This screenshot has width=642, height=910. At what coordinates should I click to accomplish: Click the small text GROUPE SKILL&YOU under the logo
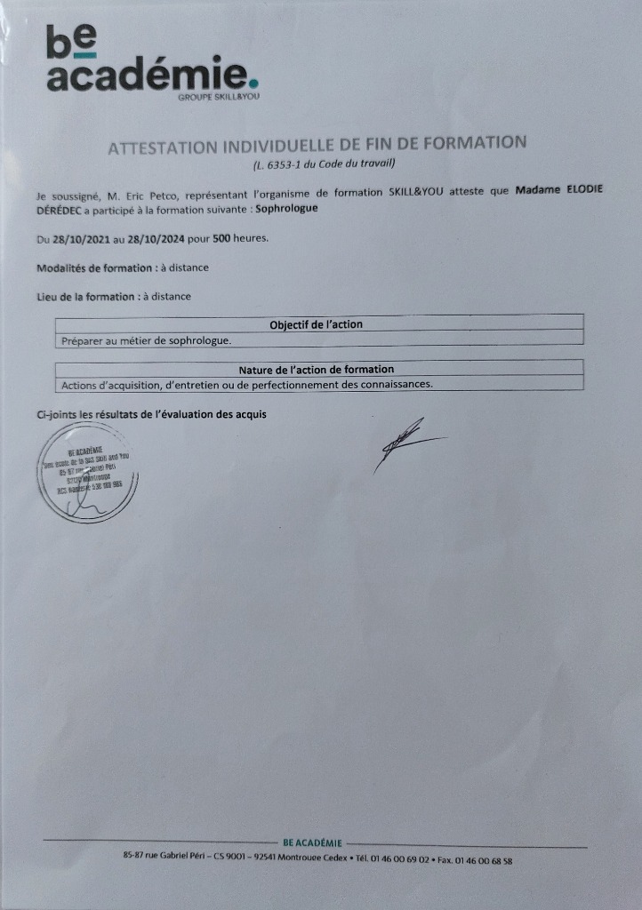click(x=219, y=96)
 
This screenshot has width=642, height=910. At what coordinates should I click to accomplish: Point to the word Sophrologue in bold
click(x=286, y=209)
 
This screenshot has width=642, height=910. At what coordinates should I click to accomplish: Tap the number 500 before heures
click(x=223, y=239)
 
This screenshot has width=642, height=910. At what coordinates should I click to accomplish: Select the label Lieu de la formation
click(x=85, y=297)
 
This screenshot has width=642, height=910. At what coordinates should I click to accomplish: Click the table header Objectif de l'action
click(x=317, y=324)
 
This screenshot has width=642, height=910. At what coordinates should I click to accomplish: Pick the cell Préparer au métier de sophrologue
click(x=146, y=340)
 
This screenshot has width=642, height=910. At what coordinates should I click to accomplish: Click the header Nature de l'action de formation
click(x=317, y=369)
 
